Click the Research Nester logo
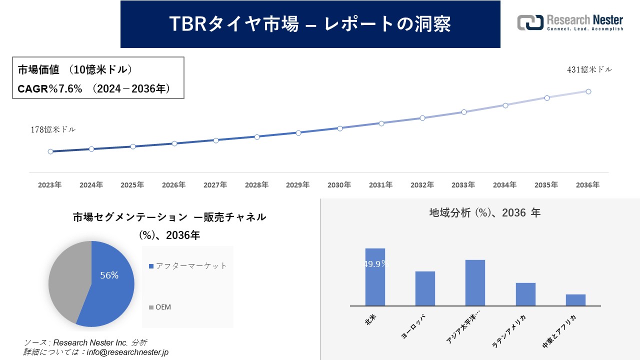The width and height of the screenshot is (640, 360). point(570,22)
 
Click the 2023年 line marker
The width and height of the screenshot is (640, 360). point(50,151)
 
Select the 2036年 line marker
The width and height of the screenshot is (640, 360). point(588,91)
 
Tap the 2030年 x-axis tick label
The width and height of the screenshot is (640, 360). point(339,185)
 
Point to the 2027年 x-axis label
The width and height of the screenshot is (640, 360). point(215,185)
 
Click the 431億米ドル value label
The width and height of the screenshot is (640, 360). point(589,70)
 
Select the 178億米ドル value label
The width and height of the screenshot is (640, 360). point(53,129)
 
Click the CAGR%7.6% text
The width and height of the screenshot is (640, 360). point(50,89)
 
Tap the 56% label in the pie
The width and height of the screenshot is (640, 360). point(109,275)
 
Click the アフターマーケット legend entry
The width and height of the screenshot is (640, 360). point(187,266)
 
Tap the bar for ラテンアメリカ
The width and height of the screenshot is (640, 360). point(525,294)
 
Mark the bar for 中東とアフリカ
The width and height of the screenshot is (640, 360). point(575,299)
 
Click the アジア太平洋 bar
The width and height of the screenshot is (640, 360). point(475,282)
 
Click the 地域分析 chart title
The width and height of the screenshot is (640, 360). point(484,213)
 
